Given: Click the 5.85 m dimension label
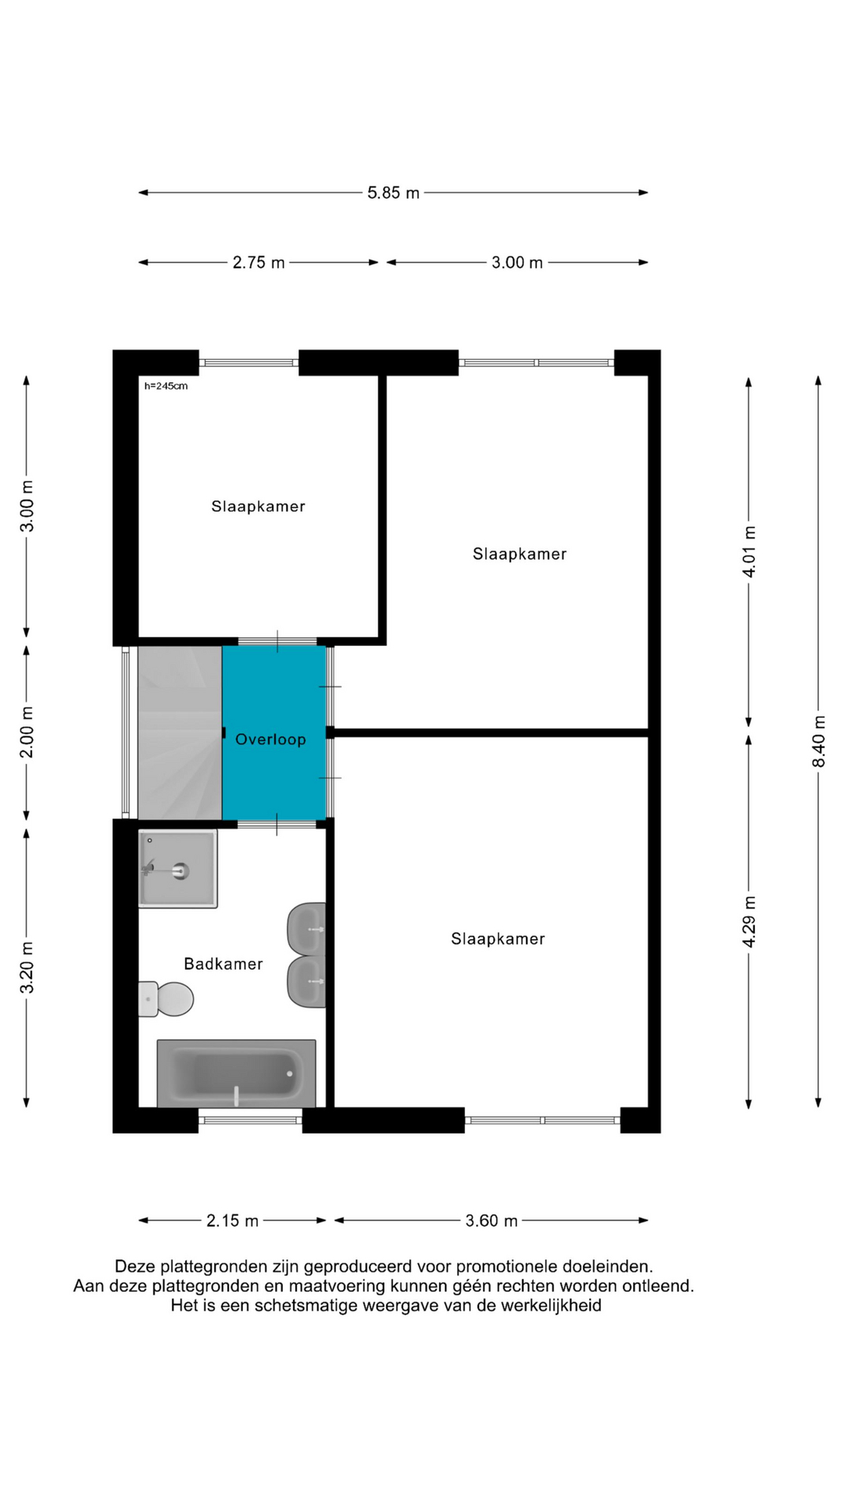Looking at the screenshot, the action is (x=393, y=192).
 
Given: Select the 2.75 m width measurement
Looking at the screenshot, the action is (x=259, y=263).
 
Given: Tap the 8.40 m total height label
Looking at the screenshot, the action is (x=819, y=741).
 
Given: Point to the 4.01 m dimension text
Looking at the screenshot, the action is (x=749, y=552).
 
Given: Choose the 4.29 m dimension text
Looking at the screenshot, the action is (x=749, y=922).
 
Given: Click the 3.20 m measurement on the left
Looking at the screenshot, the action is (x=27, y=967).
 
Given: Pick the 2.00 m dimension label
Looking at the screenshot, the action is (x=27, y=732).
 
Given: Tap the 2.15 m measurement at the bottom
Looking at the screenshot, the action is (x=232, y=1220).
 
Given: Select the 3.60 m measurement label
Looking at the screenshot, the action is (x=492, y=1220).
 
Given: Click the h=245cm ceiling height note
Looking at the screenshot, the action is (x=166, y=385).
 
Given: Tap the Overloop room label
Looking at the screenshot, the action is (x=270, y=740).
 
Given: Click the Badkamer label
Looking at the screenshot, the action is (x=223, y=964).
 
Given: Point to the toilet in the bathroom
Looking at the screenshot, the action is (x=166, y=999).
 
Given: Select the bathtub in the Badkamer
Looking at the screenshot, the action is (x=236, y=1073).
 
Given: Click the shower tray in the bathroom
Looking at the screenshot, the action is (x=178, y=869).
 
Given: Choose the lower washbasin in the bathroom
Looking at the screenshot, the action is (x=307, y=982).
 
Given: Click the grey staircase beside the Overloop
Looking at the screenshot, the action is (x=180, y=733).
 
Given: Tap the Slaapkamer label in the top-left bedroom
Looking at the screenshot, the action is (x=258, y=507).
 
